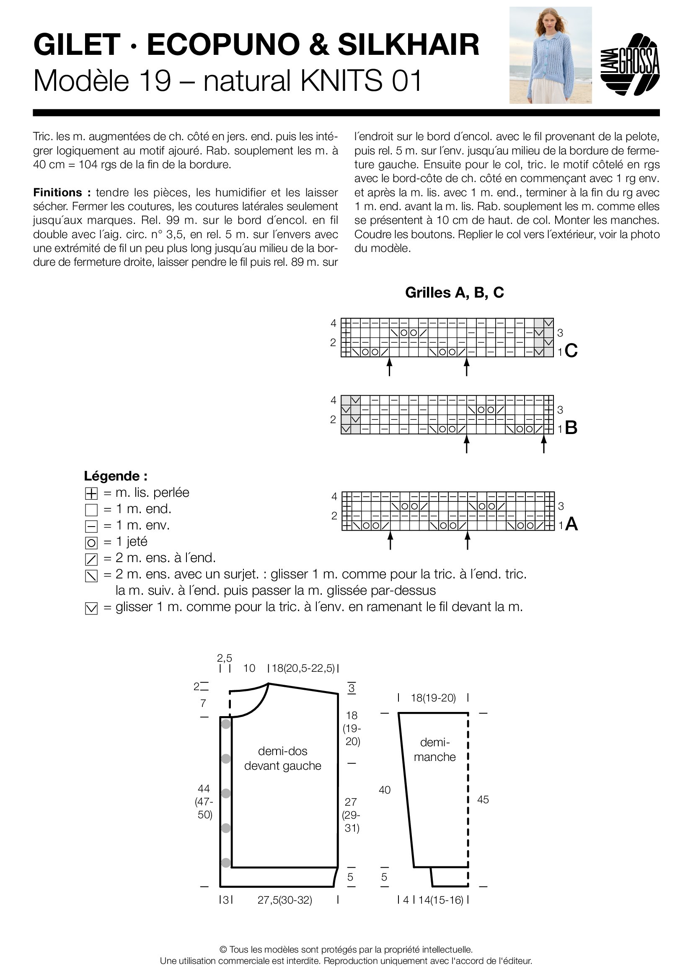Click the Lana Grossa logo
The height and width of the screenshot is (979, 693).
pos(630,64)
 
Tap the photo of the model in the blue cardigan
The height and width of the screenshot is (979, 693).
pos(551,55)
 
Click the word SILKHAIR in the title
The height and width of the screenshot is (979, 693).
pos(409,45)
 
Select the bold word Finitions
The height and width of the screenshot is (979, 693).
pos(57,192)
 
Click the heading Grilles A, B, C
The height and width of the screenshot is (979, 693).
pos(455,293)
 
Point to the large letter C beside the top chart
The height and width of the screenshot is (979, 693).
pos(571,351)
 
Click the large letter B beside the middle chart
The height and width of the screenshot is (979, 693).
pos(571,428)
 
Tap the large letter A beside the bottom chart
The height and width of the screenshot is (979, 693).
pos(571,524)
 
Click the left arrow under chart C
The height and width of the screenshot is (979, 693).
pos(390,367)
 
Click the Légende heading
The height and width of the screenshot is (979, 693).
pos(116,476)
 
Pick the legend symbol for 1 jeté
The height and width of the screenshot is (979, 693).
pos(91,543)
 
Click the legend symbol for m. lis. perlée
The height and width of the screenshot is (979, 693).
pos(91,494)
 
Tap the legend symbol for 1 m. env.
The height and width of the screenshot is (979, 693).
pos(91,527)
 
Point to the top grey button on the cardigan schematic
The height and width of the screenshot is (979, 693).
pos(226,724)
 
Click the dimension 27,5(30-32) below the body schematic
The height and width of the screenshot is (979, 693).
pos(284,900)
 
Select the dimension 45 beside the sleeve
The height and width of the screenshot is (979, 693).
pos(483,799)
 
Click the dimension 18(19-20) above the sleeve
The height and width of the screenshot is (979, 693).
pos(433,698)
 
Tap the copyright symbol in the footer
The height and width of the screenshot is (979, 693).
pos(223,950)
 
